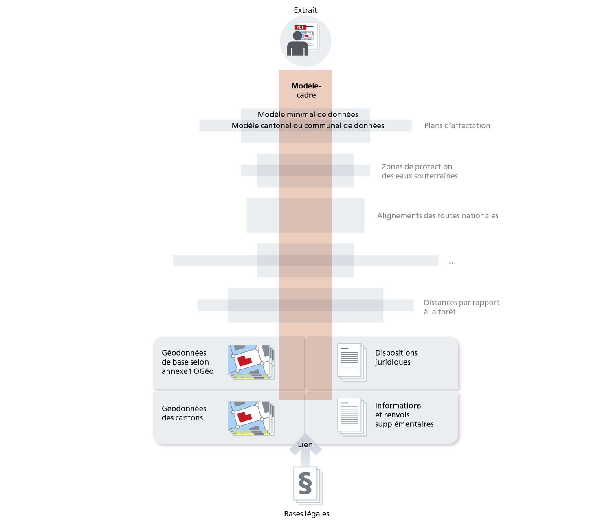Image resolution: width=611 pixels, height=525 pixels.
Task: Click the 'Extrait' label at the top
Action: (305, 10)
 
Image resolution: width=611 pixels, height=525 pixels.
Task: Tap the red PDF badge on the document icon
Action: (300, 27)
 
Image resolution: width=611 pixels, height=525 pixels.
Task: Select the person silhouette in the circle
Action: (298, 44)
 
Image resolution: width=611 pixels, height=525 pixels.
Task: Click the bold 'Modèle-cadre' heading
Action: (306, 90)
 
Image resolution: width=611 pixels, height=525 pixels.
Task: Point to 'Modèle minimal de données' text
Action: (308, 114)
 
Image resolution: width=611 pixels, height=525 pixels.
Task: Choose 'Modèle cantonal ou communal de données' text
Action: (308, 125)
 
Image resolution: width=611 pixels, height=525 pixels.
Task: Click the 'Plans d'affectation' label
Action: (457, 125)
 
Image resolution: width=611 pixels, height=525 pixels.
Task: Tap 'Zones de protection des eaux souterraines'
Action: (420, 171)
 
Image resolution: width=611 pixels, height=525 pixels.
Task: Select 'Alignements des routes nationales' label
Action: (437, 215)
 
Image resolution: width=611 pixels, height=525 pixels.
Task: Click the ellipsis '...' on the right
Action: (452, 262)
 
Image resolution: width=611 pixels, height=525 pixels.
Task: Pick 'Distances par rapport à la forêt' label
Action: (461, 307)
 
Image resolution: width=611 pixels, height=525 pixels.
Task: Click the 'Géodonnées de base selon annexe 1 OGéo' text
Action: (187, 362)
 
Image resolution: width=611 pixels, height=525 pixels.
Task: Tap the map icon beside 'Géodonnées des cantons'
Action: (251, 418)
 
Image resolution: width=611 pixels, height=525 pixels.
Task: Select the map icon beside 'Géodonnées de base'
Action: (251, 362)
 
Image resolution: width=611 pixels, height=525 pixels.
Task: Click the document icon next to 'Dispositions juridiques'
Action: (351, 362)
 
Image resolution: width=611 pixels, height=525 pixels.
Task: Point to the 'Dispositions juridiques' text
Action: (396, 357)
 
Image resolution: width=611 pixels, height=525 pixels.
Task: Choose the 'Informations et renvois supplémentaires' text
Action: (404, 415)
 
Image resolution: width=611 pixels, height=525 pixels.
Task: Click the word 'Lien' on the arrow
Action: (305, 444)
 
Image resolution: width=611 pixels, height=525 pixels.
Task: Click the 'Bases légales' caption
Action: (306, 514)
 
